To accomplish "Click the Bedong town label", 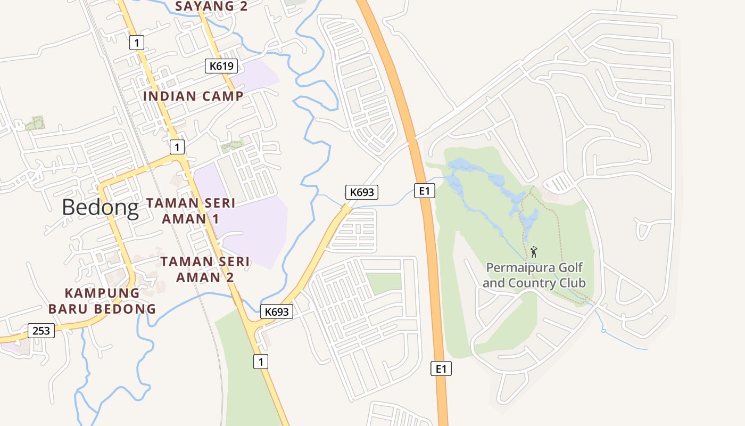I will click(x=100, y=207).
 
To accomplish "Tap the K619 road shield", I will click(x=221, y=66).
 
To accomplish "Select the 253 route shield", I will click(x=41, y=331).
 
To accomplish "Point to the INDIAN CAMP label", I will click(x=193, y=96).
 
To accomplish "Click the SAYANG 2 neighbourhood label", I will click(x=211, y=6).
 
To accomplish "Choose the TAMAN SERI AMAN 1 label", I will click(x=191, y=211).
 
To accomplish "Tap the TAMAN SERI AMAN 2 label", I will click(x=205, y=269).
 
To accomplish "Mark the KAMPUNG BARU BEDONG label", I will click(x=102, y=301).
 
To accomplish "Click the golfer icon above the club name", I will click(x=534, y=251).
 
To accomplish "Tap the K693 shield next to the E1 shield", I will click(x=362, y=192).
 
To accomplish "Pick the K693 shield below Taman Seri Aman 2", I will click(x=277, y=312).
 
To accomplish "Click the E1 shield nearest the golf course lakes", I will click(x=424, y=190).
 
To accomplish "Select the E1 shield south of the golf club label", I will click(x=441, y=368).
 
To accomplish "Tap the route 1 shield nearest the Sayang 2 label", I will click(x=137, y=43).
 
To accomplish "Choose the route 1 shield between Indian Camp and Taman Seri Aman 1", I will click(x=177, y=146).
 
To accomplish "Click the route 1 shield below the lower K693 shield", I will click(x=260, y=362).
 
